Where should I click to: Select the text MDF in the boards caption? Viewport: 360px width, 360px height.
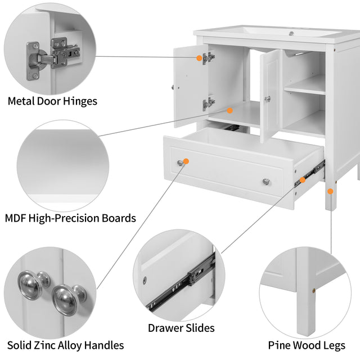(x=17, y=218)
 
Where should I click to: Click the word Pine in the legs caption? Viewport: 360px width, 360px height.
(x=280, y=345)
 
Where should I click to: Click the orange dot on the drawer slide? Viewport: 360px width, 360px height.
(x=303, y=180)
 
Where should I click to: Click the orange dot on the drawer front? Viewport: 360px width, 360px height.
(x=186, y=161)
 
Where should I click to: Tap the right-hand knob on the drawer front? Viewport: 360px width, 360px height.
(x=265, y=181)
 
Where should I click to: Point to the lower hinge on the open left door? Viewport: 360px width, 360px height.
(x=209, y=103)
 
